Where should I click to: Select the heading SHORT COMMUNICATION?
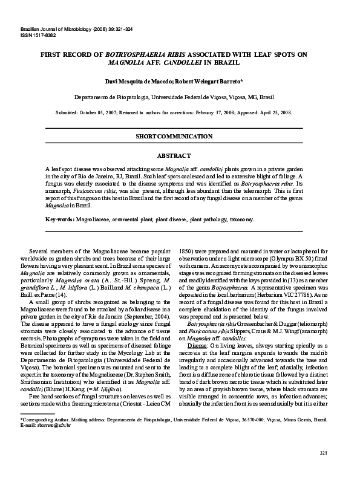180,136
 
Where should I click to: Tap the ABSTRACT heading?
180,155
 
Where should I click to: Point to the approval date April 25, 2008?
272,112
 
